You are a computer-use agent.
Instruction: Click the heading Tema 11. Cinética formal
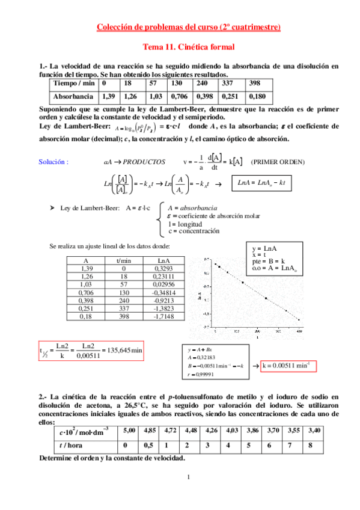point(188,46)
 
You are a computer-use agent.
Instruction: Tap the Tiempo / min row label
point(73,83)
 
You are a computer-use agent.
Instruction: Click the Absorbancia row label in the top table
point(73,96)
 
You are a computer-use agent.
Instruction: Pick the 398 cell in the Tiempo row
point(255,83)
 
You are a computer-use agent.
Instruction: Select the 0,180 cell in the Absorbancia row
point(257,96)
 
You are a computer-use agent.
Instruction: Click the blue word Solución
point(53,162)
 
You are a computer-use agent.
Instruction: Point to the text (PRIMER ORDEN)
point(278,162)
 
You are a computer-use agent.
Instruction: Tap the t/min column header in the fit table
point(123,260)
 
